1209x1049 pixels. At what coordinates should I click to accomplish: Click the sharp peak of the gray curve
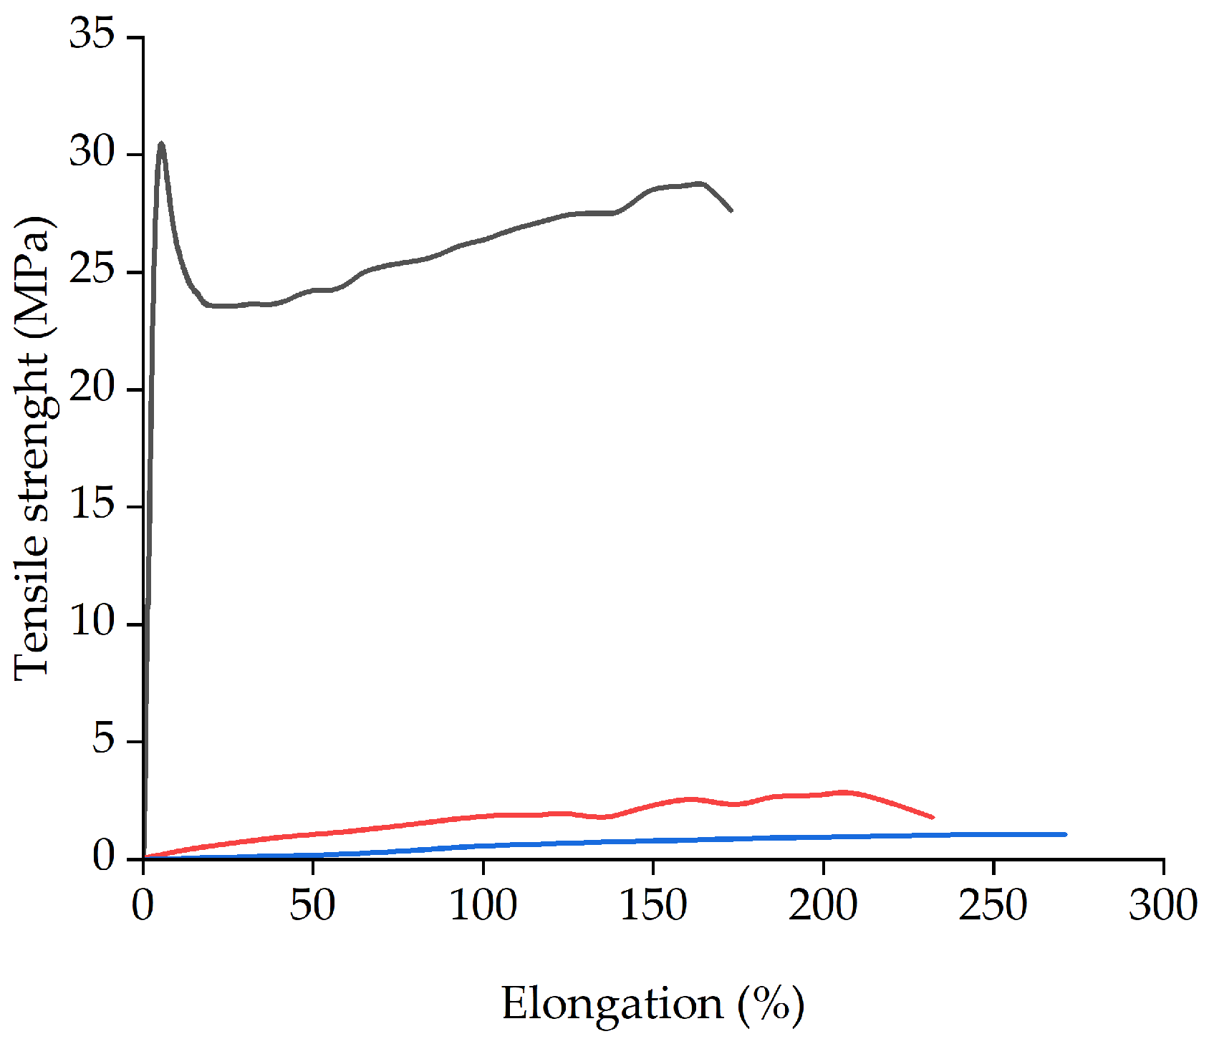click(x=161, y=145)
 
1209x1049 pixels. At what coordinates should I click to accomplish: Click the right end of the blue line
click(x=1064, y=834)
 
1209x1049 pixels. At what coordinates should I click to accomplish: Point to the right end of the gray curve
click(x=731, y=210)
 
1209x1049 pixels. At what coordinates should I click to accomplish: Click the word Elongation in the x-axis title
click(x=612, y=1004)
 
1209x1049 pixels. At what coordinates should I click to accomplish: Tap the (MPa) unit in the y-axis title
click(x=32, y=276)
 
